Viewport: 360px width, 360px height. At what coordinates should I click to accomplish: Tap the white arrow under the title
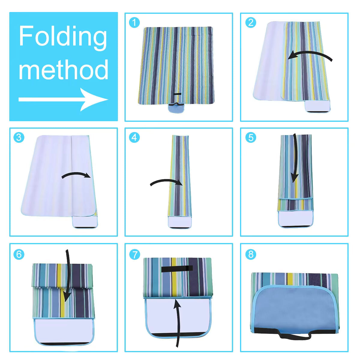(x=63, y=99)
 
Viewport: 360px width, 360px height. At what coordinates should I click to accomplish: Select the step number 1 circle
(x=135, y=22)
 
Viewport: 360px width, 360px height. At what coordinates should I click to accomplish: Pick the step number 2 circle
(x=250, y=22)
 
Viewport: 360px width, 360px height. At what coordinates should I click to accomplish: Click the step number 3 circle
(x=19, y=137)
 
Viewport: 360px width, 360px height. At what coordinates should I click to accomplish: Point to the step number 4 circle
(x=135, y=137)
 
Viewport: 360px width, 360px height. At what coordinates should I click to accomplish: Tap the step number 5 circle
(x=250, y=137)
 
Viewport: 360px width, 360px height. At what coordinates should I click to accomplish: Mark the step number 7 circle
(x=135, y=254)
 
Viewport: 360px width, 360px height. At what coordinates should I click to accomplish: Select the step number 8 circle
(x=250, y=254)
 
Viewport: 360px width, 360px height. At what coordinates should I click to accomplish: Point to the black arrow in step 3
(x=76, y=175)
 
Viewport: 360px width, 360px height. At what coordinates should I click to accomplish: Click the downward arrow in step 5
(x=295, y=159)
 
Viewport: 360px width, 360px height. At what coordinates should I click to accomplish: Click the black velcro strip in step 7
(x=176, y=268)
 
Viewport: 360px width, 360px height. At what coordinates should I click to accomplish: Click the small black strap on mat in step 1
(x=177, y=94)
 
